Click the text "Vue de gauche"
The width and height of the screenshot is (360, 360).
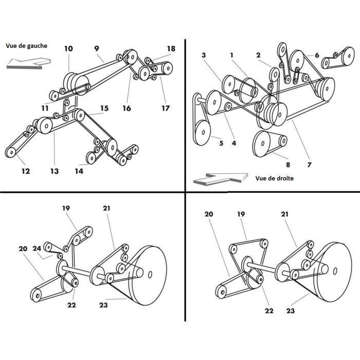pos(27,46)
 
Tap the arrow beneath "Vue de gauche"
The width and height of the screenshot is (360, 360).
pos(29,62)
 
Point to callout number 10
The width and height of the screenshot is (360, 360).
pos(68,49)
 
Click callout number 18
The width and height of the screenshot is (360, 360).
pos(171,49)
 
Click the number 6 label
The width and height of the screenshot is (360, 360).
pos(317,55)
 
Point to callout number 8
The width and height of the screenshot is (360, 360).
pos(288,165)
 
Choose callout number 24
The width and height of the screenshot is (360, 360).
pos(37,248)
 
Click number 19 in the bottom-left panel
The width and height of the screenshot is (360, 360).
pos(66,208)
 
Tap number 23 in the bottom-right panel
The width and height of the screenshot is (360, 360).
pos(291,311)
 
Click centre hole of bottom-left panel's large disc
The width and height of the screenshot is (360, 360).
pos(150,274)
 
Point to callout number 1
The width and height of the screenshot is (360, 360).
pos(232,55)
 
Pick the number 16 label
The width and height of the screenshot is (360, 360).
pos(127,109)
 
